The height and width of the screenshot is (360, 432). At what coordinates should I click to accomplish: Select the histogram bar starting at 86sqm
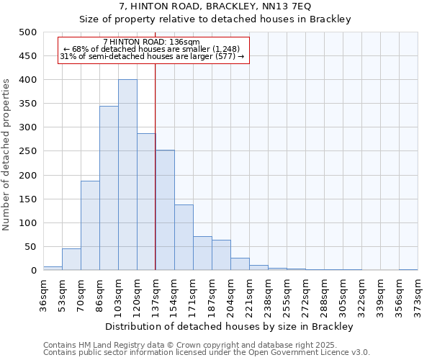[x=109, y=188]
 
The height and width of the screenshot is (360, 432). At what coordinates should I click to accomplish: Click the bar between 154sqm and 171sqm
[x=184, y=238]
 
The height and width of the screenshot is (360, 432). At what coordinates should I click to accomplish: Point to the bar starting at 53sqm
[x=71, y=259]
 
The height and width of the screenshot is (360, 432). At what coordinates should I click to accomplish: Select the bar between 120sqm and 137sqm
[x=146, y=202]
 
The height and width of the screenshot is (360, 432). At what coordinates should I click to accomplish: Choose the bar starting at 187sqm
[x=221, y=255]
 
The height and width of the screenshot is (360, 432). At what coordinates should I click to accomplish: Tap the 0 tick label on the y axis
[x=34, y=271]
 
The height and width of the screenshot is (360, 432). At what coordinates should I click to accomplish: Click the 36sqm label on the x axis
[x=44, y=292]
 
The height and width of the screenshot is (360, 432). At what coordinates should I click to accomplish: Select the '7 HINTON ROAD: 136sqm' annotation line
[x=152, y=42]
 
